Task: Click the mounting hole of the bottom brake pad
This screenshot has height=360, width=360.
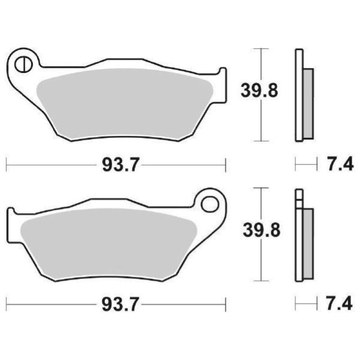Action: coord(209,204)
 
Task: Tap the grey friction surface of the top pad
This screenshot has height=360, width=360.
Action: coord(126,101)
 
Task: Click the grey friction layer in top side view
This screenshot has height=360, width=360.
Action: coord(308,103)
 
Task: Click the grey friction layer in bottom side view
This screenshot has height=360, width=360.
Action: coord(308,243)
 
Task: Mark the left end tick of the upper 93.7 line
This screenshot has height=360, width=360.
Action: coord(6,165)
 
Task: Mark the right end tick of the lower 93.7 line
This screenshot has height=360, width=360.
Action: coord(225,305)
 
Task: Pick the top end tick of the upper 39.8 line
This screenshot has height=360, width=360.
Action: coord(261,48)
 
